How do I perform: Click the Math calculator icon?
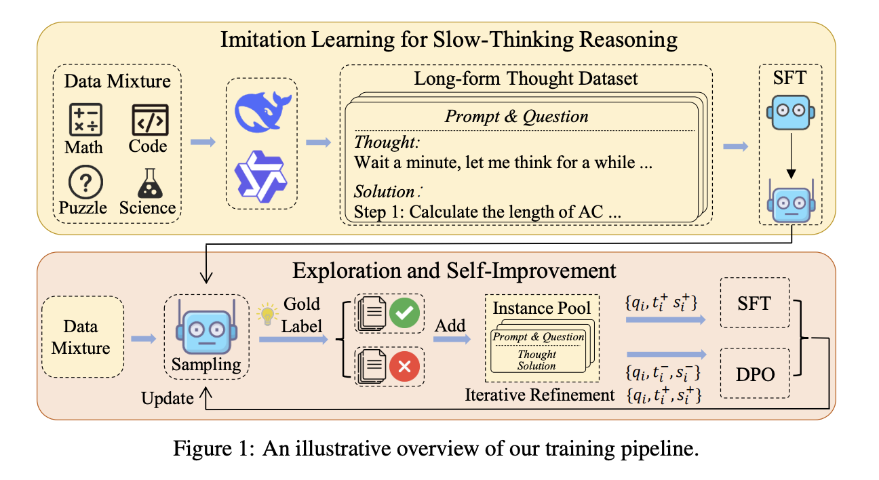pyautogui.click(x=85, y=120)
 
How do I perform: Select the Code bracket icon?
pyautogui.click(x=149, y=120)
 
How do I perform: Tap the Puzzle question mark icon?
pyautogui.click(x=85, y=182)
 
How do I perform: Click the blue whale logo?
pyautogui.click(x=262, y=112)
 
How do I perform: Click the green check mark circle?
pyautogui.click(x=404, y=313)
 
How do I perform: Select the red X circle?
pyautogui.click(x=404, y=367)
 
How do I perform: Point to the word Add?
pyautogui.click(x=450, y=325)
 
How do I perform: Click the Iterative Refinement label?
pyautogui.click(x=540, y=395)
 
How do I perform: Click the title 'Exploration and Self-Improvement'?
pyautogui.click(x=454, y=271)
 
